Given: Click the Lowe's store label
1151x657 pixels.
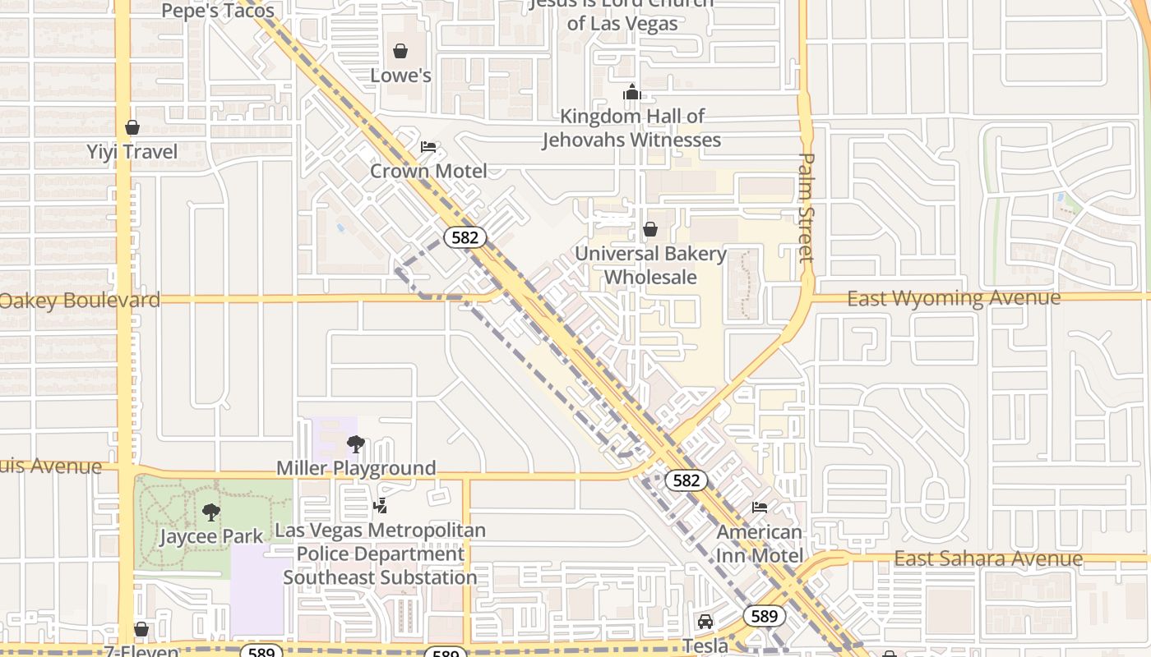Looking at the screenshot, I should coord(400,76).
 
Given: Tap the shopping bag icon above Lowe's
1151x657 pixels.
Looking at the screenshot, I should coord(400,52).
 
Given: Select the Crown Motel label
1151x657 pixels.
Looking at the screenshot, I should coord(428,171).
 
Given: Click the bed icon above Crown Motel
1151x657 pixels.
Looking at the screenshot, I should coord(428,147).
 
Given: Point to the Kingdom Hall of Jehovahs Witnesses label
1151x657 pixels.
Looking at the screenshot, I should coord(631,128).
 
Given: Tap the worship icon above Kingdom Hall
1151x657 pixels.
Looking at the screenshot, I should coord(631,92).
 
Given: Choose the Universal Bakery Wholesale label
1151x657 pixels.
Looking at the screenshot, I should coord(650,265).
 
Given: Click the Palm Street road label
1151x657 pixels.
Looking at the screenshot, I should coord(807,208).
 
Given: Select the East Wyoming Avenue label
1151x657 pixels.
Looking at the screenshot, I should coord(954,298).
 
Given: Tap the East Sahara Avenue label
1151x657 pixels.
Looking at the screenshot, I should coord(988,558).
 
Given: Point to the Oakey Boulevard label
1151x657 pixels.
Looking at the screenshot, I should coord(80,300).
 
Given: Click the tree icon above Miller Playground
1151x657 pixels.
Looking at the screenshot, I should coord(356,444).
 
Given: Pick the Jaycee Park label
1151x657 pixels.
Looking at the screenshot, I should coord(211,536).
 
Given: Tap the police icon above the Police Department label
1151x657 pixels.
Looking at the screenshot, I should coord(380,506).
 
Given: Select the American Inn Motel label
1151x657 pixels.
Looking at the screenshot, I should coord(760,544).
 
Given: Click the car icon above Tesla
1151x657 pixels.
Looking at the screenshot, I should coord(705,622).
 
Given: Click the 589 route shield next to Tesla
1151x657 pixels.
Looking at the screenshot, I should coord(765,615).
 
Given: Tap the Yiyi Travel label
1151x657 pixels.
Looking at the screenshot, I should coord(132,152).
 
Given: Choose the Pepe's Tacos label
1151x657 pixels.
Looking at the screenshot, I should coord(218,11).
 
